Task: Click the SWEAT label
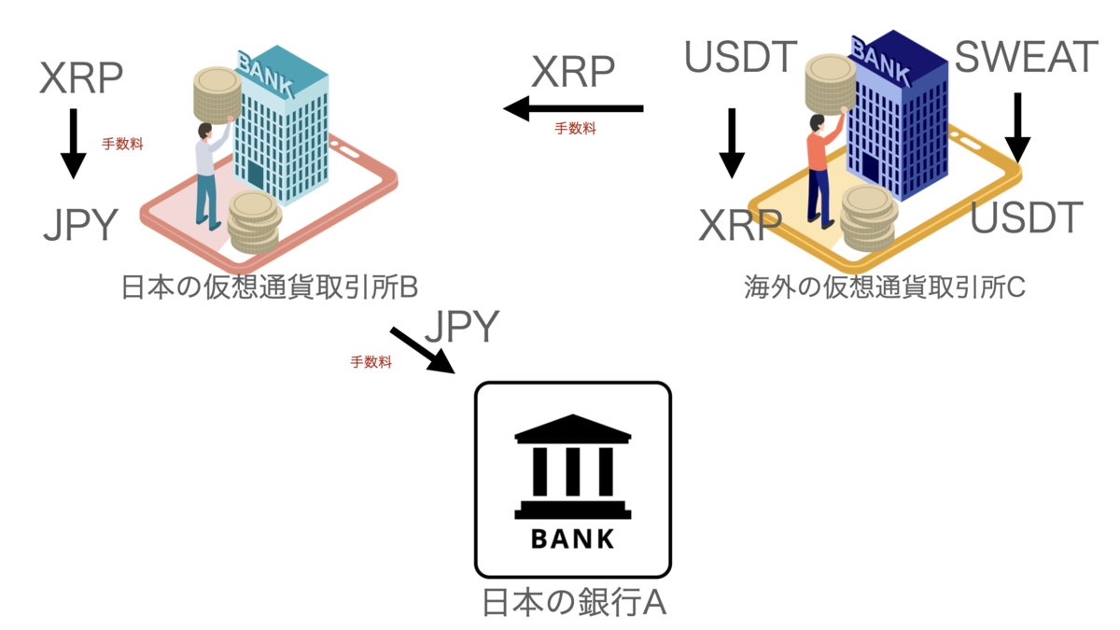click(1026, 58)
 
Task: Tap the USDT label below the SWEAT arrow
click(1027, 217)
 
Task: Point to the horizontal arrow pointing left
click(573, 109)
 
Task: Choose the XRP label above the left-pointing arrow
click(573, 73)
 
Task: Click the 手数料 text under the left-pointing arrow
click(575, 130)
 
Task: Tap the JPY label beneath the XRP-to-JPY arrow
click(80, 225)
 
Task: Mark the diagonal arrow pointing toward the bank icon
click(421, 350)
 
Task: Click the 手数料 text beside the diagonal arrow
click(371, 362)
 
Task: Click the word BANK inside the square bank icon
click(572, 539)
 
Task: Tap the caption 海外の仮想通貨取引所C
click(885, 287)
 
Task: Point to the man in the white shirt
click(207, 173)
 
